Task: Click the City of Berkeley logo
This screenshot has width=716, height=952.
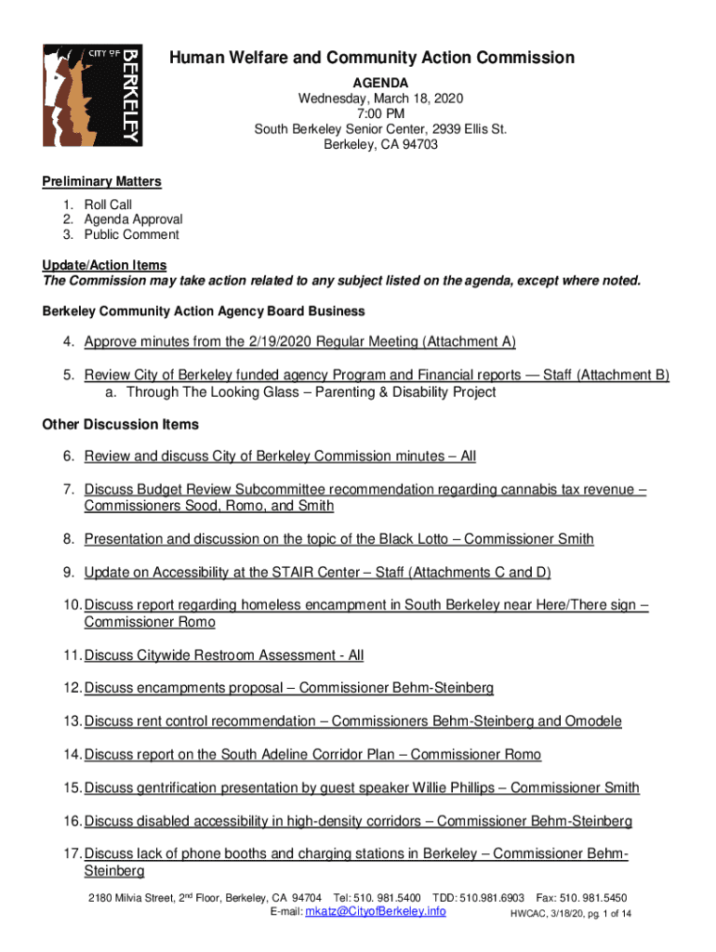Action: tap(92, 95)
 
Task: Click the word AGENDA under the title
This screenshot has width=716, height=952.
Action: tap(380, 82)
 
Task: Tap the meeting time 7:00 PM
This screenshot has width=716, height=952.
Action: tap(380, 113)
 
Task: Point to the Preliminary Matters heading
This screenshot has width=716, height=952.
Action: tap(102, 181)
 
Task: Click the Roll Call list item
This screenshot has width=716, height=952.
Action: tap(108, 205)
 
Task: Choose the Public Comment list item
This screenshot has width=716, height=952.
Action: tap(131, 234)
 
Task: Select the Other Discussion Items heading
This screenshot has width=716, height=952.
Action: tap(121, 425)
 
